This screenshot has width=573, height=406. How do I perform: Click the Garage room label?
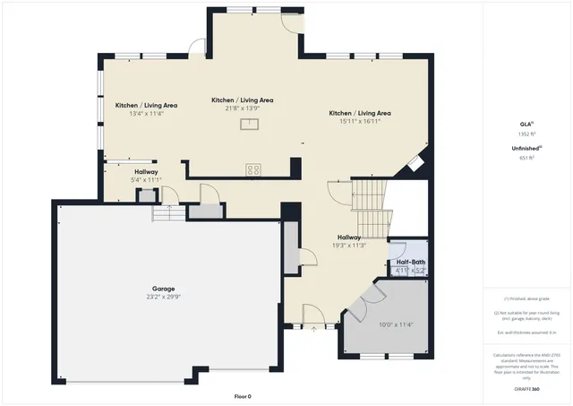pos(162,289)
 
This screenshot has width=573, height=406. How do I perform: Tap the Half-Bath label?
pos(411,262)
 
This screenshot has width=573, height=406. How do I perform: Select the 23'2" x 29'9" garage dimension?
pos(162,297)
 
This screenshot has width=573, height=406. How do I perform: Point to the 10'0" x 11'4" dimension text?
pos(396,324)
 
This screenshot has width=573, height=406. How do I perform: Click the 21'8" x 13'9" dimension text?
pos(242,108)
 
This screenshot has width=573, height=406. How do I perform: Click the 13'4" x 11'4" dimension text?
pos(146,114)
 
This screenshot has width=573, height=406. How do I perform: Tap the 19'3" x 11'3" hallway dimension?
pos(348,245)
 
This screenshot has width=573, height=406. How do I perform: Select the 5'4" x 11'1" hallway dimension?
pos(146,180)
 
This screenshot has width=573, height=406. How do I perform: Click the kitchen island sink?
pos(248,125)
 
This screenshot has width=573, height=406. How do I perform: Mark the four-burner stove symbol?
pos(253,168)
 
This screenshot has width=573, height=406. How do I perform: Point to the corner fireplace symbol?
pos(415,162)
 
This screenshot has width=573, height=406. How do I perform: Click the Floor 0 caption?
pos(243,395)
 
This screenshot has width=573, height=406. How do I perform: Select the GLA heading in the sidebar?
pos(526,124)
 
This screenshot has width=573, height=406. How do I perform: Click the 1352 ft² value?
pos(526,133)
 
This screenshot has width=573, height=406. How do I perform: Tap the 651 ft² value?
pos(526,158)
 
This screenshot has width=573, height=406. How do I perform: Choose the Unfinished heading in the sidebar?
pos(526,149)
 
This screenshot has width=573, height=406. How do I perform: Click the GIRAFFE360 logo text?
pos(526,389)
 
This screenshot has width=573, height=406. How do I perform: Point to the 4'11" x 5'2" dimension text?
pos(411,270)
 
